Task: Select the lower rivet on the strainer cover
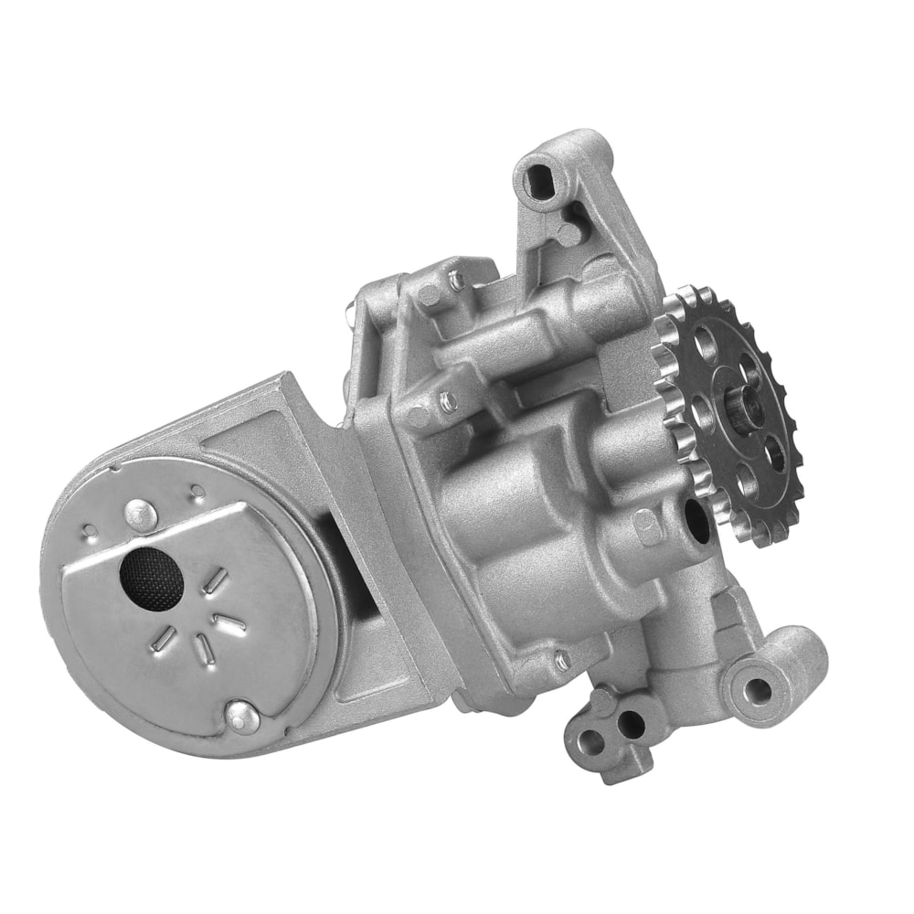tap(240, 716)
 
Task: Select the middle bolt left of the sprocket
tap(444, 399)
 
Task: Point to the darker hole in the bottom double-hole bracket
tap(630, 727)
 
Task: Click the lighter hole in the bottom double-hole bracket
tap(592, 742)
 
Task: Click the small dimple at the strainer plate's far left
tap(88, 530)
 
